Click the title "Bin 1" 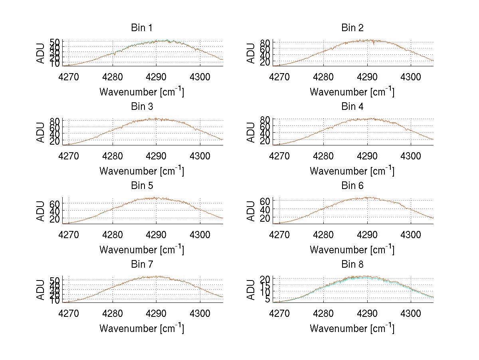point(141,28)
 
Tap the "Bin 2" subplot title point(352,28)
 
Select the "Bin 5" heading point(141,186)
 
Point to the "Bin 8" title point(352,265)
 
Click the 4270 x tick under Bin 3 point(69,155)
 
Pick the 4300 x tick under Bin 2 point(410,76)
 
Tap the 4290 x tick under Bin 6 point(366,234)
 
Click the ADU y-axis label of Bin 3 point(41,132)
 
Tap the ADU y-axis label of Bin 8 point(251,290)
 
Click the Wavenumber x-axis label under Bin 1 point(141,92)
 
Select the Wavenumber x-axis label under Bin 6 point(352,250)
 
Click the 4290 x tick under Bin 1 point(156,76)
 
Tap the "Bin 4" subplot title point(352,107)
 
